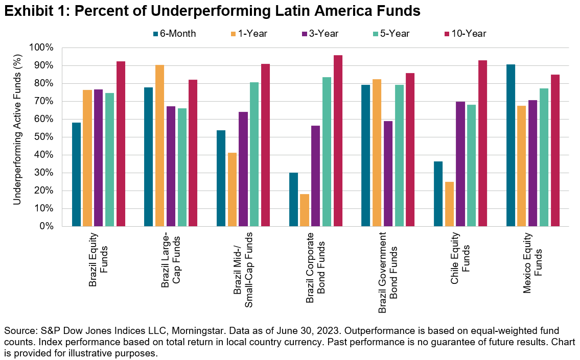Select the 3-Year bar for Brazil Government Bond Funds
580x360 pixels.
[x=388, y=174]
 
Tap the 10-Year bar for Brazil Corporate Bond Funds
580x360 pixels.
[x=338, y=141]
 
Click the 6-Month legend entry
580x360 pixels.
[x=174, y=34]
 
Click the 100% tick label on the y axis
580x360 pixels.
[x=41, y=47]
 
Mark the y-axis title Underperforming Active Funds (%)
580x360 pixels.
[x=17, y=137]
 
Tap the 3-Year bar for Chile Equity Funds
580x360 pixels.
[x=460, y=164]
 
